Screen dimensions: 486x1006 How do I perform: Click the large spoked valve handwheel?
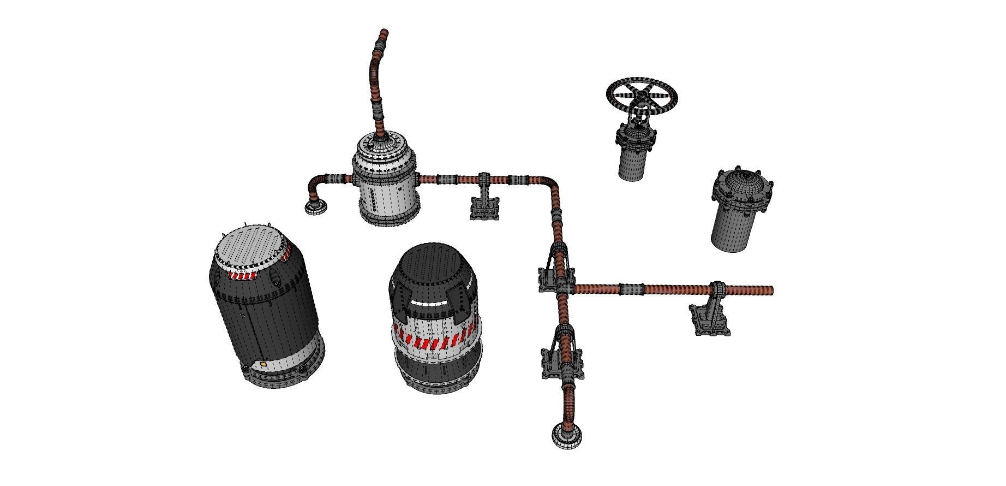[642, 97]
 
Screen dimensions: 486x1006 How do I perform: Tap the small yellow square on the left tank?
[264, 363]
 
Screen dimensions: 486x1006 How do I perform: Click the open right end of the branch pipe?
[770, 289]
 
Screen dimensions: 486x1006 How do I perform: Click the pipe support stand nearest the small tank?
[484, 200]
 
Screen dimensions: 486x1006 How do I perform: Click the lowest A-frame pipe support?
[562, 355]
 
